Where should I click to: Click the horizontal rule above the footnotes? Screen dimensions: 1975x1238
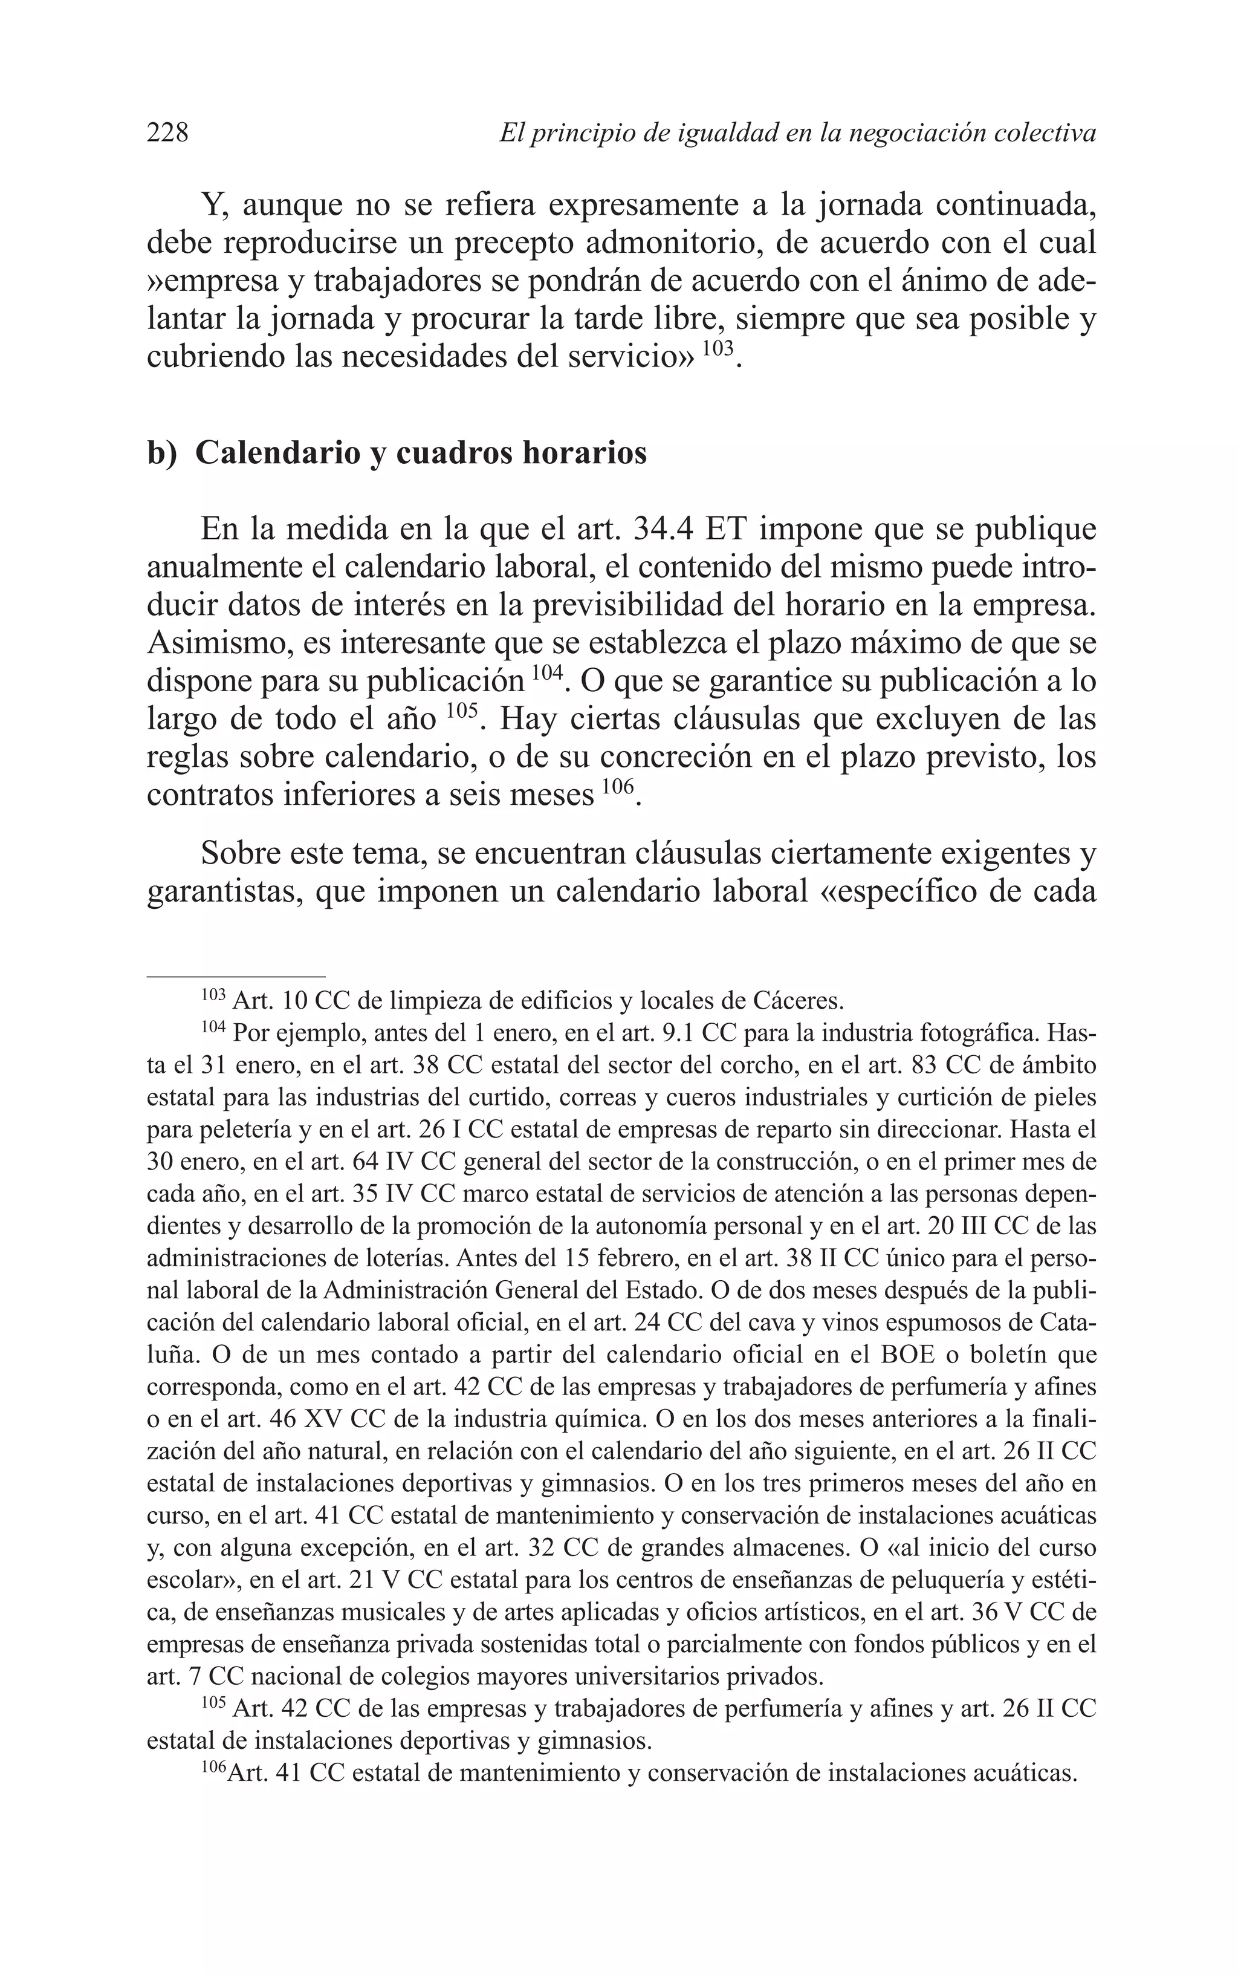point(236,976)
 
